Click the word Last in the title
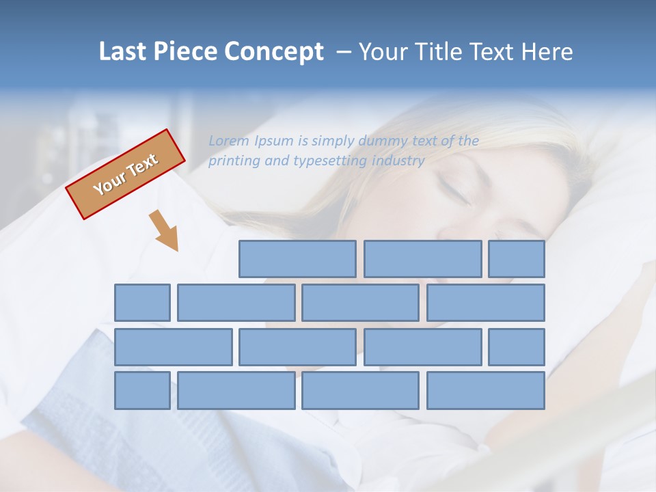point(124,52)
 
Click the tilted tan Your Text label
point(126,174)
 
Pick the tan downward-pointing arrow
point(165,230)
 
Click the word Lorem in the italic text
point(229,141)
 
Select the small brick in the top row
point(517,259)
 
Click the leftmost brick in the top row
point(297,259)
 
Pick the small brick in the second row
point(142,303)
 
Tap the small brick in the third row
point(517,347)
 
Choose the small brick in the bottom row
point(142,391)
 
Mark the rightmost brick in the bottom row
point(486,391)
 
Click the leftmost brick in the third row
point(173,347)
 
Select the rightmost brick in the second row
point(486,303)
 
